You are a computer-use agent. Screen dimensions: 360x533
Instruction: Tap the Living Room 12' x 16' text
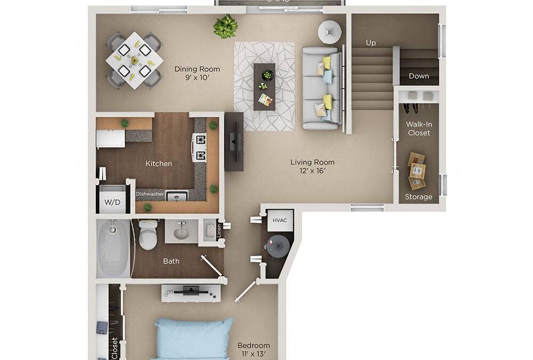pyautogui.click(x=312, y=166)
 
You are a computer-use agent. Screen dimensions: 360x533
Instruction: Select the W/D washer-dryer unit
pyautogui.click(x=112, y=202)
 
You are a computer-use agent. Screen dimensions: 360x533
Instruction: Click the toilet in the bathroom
pyautogui.click(x=148, y=235)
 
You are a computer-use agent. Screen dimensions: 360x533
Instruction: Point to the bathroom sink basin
pyautogui.click(x=181, y=232)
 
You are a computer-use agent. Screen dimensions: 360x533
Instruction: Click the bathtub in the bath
pyautogui.click(x=114, y=248)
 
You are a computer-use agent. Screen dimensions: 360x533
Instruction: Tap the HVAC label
pyautogui.click(x=280, y=220)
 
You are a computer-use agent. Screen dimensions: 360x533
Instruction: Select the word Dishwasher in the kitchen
pyautogui.click(x=149, y=194)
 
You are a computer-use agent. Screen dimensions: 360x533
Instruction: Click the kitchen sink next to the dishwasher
pyautogui.click(x=177, y=196)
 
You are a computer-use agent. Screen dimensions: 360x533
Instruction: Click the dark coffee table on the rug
pyautogui.click(x=264, y=86)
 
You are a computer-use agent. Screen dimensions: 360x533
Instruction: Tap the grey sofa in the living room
pyautogui.click(x=321, y=88)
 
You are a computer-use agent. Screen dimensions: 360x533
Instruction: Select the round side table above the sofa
pyautogui.click(x=329, y=32)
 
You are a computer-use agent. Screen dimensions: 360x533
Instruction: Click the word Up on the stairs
pyautogui.click(x=371, y=42)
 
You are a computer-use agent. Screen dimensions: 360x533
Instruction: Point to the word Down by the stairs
pyautogui.click(x=418, y=76)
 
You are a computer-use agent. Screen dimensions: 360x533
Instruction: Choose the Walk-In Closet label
pyautogui.click(x=418, y=129)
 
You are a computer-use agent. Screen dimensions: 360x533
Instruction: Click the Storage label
pyautogui.click(x=418, y=197)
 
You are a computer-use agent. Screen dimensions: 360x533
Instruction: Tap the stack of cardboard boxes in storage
pyautogui.click(x=417, y=171)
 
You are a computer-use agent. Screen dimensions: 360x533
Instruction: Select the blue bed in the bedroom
pyautogui.click(x=193, y=339)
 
